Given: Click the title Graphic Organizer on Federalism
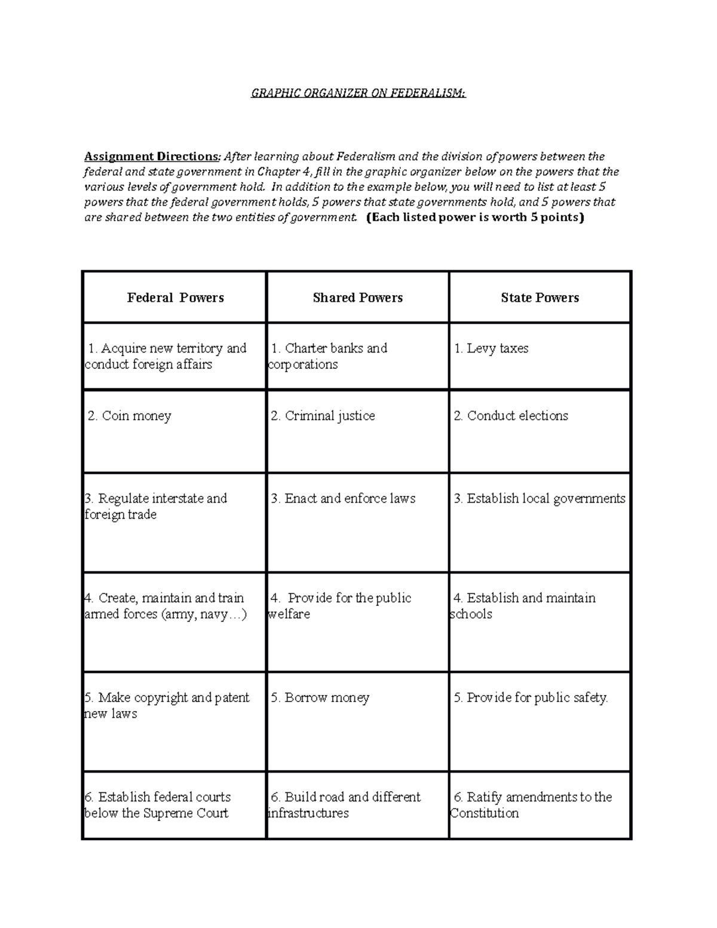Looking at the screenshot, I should pos(357,93).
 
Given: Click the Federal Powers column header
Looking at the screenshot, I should pos(175,298).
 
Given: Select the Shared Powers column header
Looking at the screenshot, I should pos(357,298).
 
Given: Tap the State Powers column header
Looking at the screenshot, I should pos(540,298).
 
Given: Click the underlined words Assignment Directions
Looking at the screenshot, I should pos(152,157).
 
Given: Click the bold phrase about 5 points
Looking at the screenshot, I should pos(474,218).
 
